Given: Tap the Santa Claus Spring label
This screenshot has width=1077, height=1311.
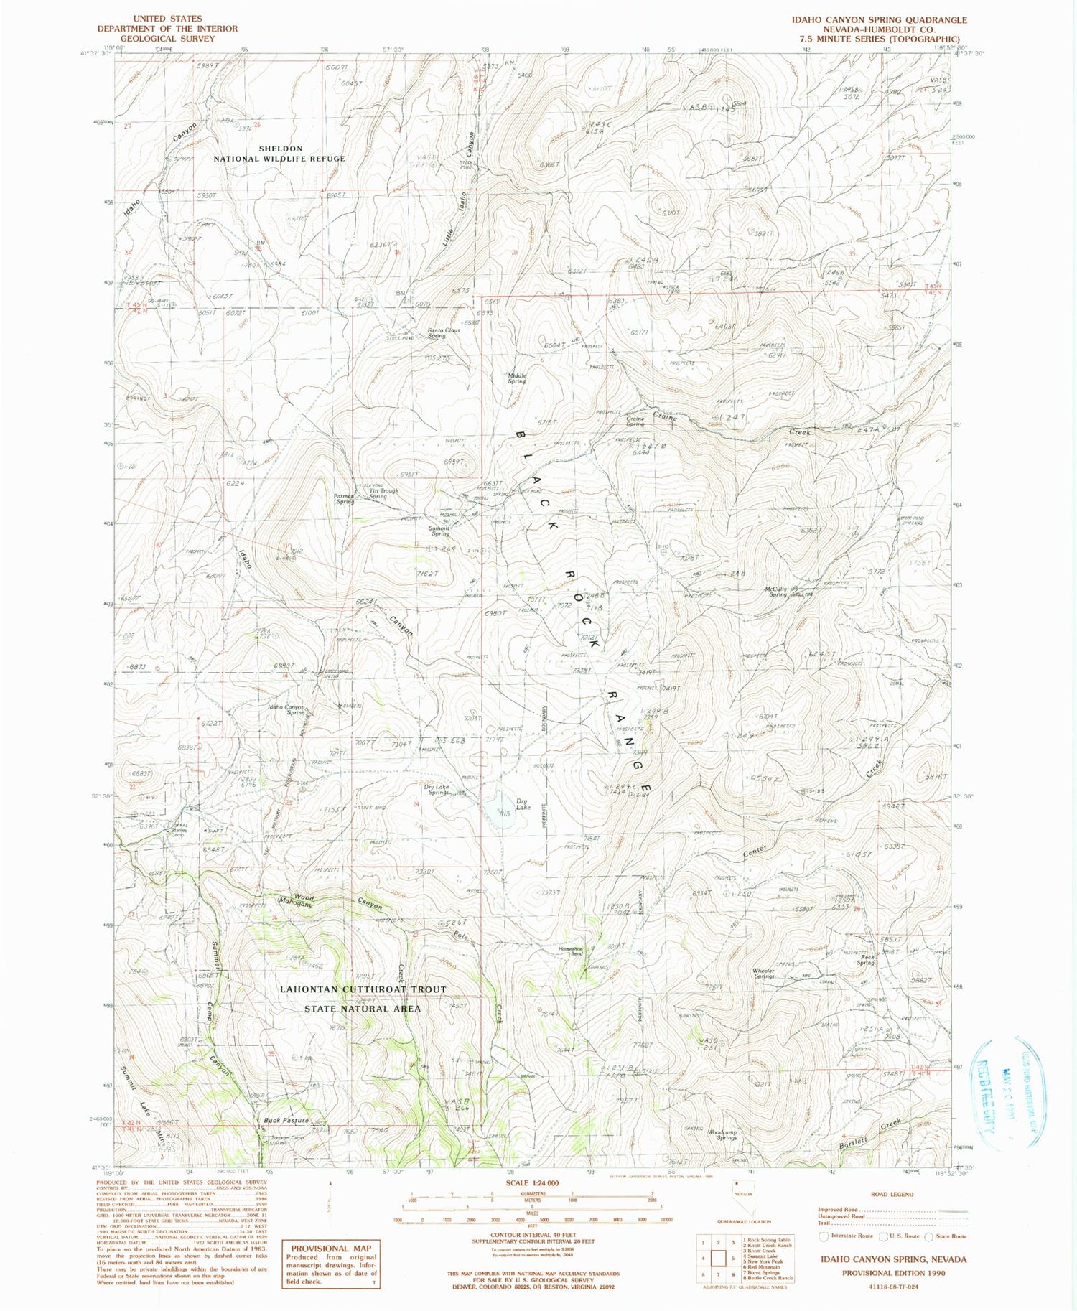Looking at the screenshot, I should coord(443,333).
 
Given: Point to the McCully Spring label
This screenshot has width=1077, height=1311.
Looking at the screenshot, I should coord(777,592).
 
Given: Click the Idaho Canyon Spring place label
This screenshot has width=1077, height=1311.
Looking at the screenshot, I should coord(286,710).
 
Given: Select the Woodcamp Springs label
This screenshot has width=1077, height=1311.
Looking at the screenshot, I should coord(722,1135).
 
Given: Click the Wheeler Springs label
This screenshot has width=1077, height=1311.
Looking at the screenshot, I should coord(763,974).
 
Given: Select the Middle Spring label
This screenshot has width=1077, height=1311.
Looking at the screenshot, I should coord(517,378).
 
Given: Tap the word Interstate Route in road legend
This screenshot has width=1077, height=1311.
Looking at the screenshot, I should coord(854,1236).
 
